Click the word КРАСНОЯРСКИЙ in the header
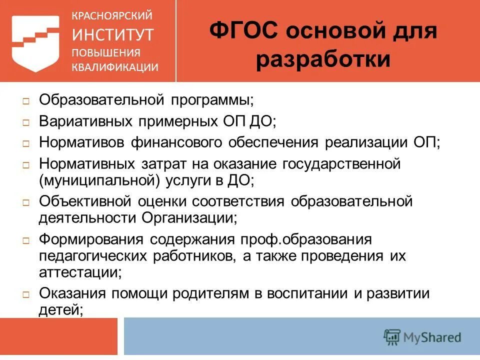tap(112, 16)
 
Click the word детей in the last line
tap(59, 309)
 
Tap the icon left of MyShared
tap(391, 336)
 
